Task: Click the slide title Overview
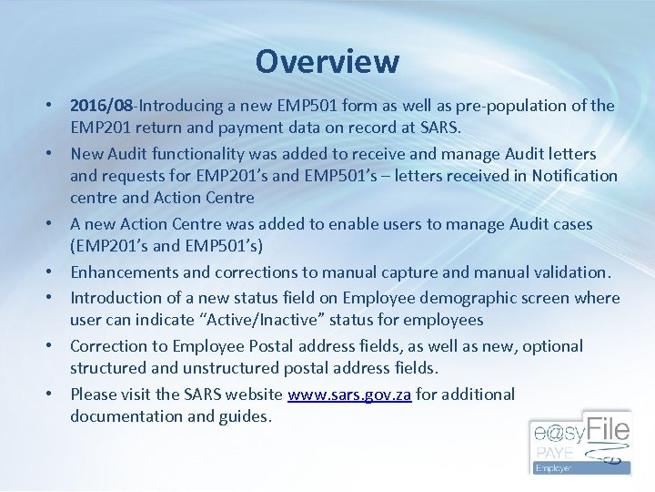click(x=327, y=61)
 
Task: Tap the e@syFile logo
click(x=579, y=442)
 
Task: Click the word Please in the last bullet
click(x=95, y=395)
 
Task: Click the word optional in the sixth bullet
click(x=551, y=346)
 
